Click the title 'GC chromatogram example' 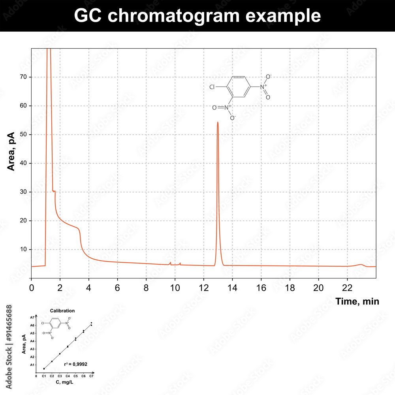click(x=197, y=16)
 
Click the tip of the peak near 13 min click(x=218, y=122)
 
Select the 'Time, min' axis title click(x=357, y=302)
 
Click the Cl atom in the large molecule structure click(x=213, y=87)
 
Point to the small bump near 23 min click(x=360, y=265)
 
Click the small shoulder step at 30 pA click(x=54, y=191)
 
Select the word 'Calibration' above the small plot click(x=62, y=311)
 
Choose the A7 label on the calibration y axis click(x=32, y=318)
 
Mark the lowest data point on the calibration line click(x=44, y=369)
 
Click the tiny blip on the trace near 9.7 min click(x=170, y=262)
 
